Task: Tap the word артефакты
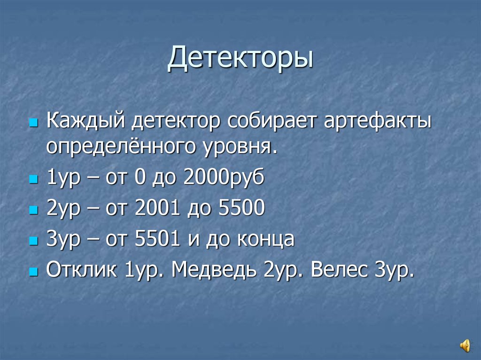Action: click(x=378, y=123)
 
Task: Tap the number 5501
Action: click(x=157, y=240)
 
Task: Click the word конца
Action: click(x=268, y=240)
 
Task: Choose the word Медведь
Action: click(x=215, y=270)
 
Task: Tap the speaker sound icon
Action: click(x=465, y=345)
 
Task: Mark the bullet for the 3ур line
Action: click(x=32, y=242)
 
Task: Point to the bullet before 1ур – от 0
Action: click(x=32, y=181)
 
